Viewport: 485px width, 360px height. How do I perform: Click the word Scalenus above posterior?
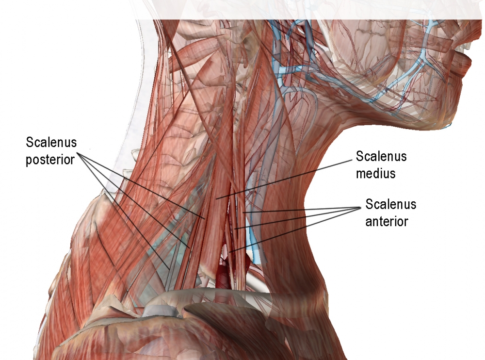click(x=51, y=143)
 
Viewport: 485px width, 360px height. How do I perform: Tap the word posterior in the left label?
click(x=50, y=159)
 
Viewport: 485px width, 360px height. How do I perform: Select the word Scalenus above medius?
click(x=381, y=157)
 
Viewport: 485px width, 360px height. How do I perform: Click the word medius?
click(x=375, y=173)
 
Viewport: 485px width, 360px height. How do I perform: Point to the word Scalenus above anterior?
click(x=391, y=204)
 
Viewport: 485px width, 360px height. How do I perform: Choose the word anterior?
click(x=387, y=221)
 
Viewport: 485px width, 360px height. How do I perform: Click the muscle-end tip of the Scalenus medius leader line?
click(x=217, y=198)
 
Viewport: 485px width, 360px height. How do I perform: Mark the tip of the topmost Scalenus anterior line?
click(x=244, y=213)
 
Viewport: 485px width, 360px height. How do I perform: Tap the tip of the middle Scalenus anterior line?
click(x=235, y=229)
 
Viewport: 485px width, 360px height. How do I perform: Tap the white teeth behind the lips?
click(x=469, y=47)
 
